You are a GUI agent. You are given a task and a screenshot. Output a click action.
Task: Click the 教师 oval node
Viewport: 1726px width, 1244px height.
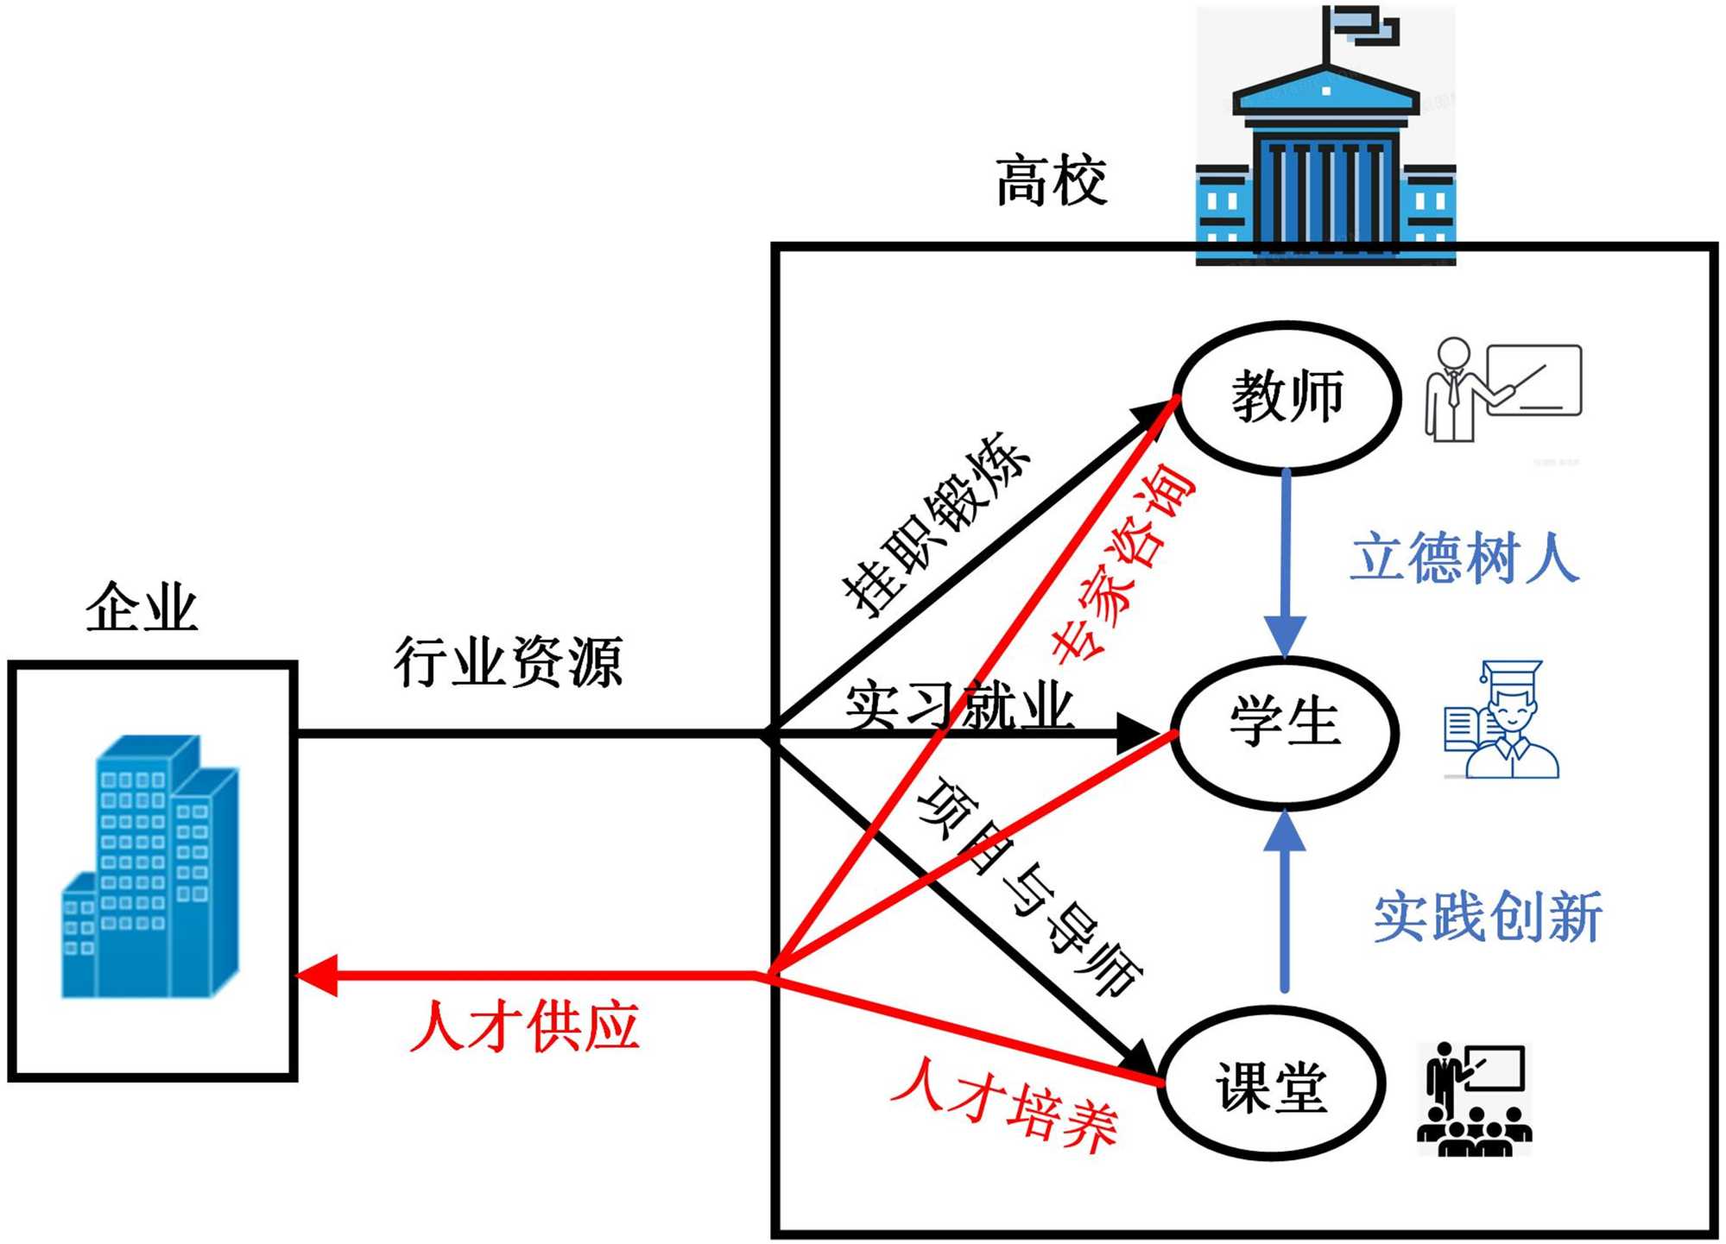pos(1287,398)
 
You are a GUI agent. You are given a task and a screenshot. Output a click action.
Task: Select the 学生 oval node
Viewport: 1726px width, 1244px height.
pos(1284,733)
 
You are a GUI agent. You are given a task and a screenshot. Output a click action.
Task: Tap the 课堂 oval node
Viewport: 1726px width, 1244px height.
pos(1272,1083)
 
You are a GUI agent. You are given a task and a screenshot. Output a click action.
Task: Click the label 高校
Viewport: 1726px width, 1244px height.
pos(1051,181)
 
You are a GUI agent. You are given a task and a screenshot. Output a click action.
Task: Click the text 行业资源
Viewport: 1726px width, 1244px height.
pos(509,662)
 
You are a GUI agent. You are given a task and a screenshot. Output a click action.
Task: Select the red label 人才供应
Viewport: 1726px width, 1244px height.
pos(525,1026)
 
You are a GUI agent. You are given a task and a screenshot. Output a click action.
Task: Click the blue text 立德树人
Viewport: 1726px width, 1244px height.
pos(1465,558)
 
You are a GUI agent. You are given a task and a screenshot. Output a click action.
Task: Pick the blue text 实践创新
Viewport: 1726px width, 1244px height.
pos(1488,917)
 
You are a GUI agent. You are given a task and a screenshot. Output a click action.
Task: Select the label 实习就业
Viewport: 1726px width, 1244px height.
pos(958,704)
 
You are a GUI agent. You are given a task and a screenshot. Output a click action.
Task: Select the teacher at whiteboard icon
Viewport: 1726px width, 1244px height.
pos(1502,389)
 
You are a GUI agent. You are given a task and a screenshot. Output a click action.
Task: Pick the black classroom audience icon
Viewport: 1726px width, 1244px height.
pos(1475,1099)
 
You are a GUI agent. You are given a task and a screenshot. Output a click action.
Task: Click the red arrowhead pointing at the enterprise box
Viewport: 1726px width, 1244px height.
pos(316,976)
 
